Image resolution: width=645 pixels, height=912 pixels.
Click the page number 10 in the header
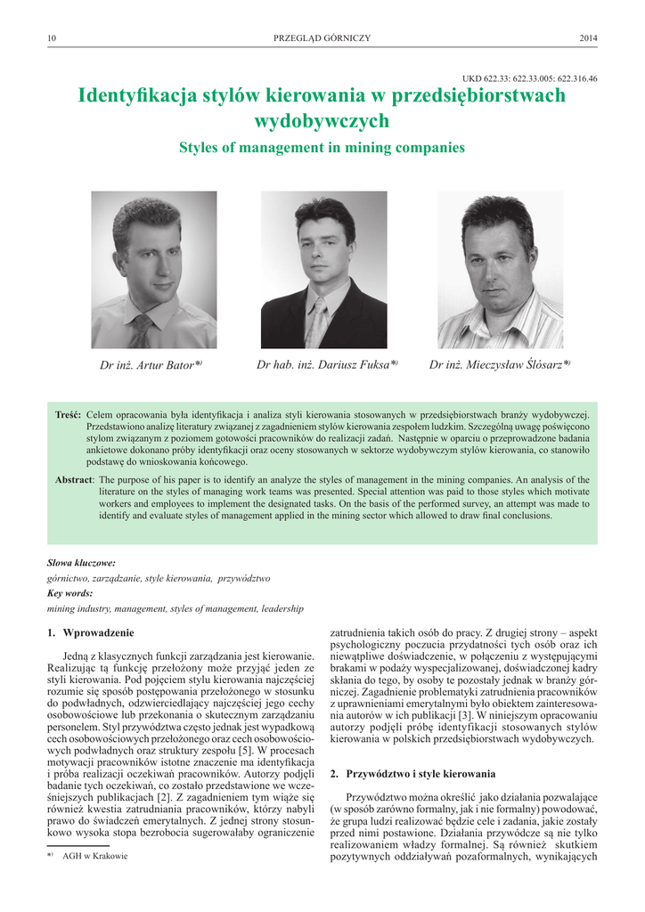[52, 37]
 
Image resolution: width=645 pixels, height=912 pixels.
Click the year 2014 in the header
[588, 37]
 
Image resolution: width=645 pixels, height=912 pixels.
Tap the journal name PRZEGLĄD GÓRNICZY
[322, 37]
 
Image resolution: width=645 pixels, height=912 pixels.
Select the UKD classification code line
[530, 78]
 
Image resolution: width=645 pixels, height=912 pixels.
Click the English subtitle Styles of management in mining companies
[322, 147]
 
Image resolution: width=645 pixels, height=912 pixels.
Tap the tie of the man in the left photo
[141, 331]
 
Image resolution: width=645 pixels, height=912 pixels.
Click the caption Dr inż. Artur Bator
[151, 365]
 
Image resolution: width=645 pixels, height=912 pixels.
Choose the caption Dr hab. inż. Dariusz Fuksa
[326, 365]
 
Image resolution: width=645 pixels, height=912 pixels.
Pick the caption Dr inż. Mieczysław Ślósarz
[499, 365]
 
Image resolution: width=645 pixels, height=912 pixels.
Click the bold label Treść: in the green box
[68, 416]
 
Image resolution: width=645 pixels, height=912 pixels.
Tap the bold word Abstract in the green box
[73, 481]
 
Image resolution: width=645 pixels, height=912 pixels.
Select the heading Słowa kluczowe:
[81, 563]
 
